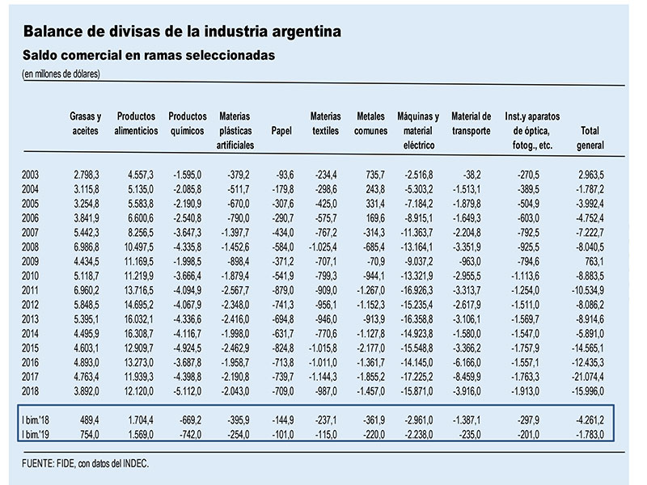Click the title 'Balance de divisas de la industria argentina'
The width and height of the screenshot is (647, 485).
pyautogui.click(x=182, y=32)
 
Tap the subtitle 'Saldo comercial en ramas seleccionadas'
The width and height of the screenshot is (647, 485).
pyautogui.click(x=149, y=55)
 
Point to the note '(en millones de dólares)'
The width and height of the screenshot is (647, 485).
pyautogui.click(x=61, y=74)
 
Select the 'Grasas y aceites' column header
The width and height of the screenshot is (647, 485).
pyautogui.click(x=86, y=124)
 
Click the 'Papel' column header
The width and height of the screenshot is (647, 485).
pyautogui.click(x=281, y=131)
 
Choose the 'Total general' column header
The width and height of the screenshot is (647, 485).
pyautogui.click(x=590, y=137)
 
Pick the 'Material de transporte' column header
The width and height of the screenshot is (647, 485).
pyautogui.click(x=472, y=124)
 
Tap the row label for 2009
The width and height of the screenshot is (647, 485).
pyautogui.click(x=30, y=261)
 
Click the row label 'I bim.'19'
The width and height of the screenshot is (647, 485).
pyautogui.click(x=36, y=434)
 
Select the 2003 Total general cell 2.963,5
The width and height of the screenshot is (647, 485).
pyautogui.click(x=591, y=175)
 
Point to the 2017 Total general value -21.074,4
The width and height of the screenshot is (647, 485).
pyautogui.click(x=588, y=377)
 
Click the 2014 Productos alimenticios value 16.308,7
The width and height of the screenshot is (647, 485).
pyautogui.click(x=138, y=334)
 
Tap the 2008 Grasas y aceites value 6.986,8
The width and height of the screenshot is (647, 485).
pyautogui.click(x=87, y=247)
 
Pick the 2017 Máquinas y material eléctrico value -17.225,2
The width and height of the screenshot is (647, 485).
pyautogui.click(x=417, y=377)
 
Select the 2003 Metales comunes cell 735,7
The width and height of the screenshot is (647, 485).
pyautogui.click(x=374, y=175)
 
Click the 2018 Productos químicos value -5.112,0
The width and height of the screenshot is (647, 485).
pyautogui.click(x=188, y=391)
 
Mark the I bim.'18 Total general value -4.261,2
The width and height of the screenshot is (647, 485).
pyautogui.click(x=590, y=420)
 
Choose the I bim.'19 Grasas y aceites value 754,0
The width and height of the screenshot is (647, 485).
pyautogui.click(x=89, y=435)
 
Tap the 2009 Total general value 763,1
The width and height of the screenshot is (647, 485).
pyautogui.click(x=594, y=261)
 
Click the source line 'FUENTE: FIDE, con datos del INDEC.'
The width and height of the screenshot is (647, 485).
pyautogui.click(x=86, y=463)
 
